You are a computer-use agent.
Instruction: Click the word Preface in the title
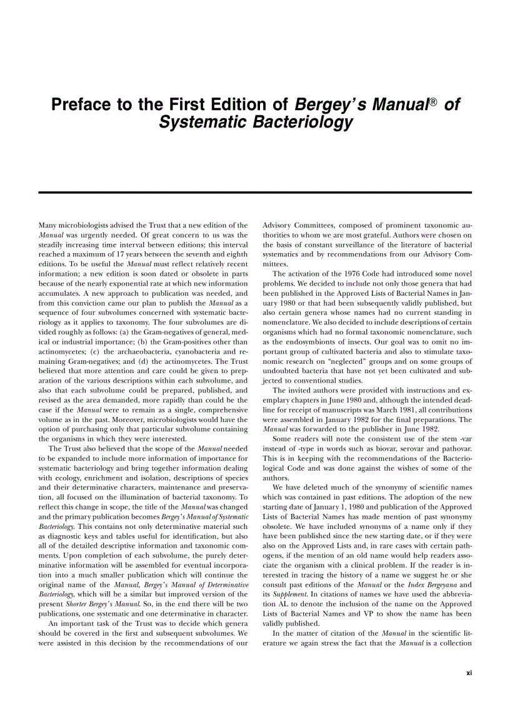tap(86, 104)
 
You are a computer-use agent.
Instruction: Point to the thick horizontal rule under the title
tap(255, 193)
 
